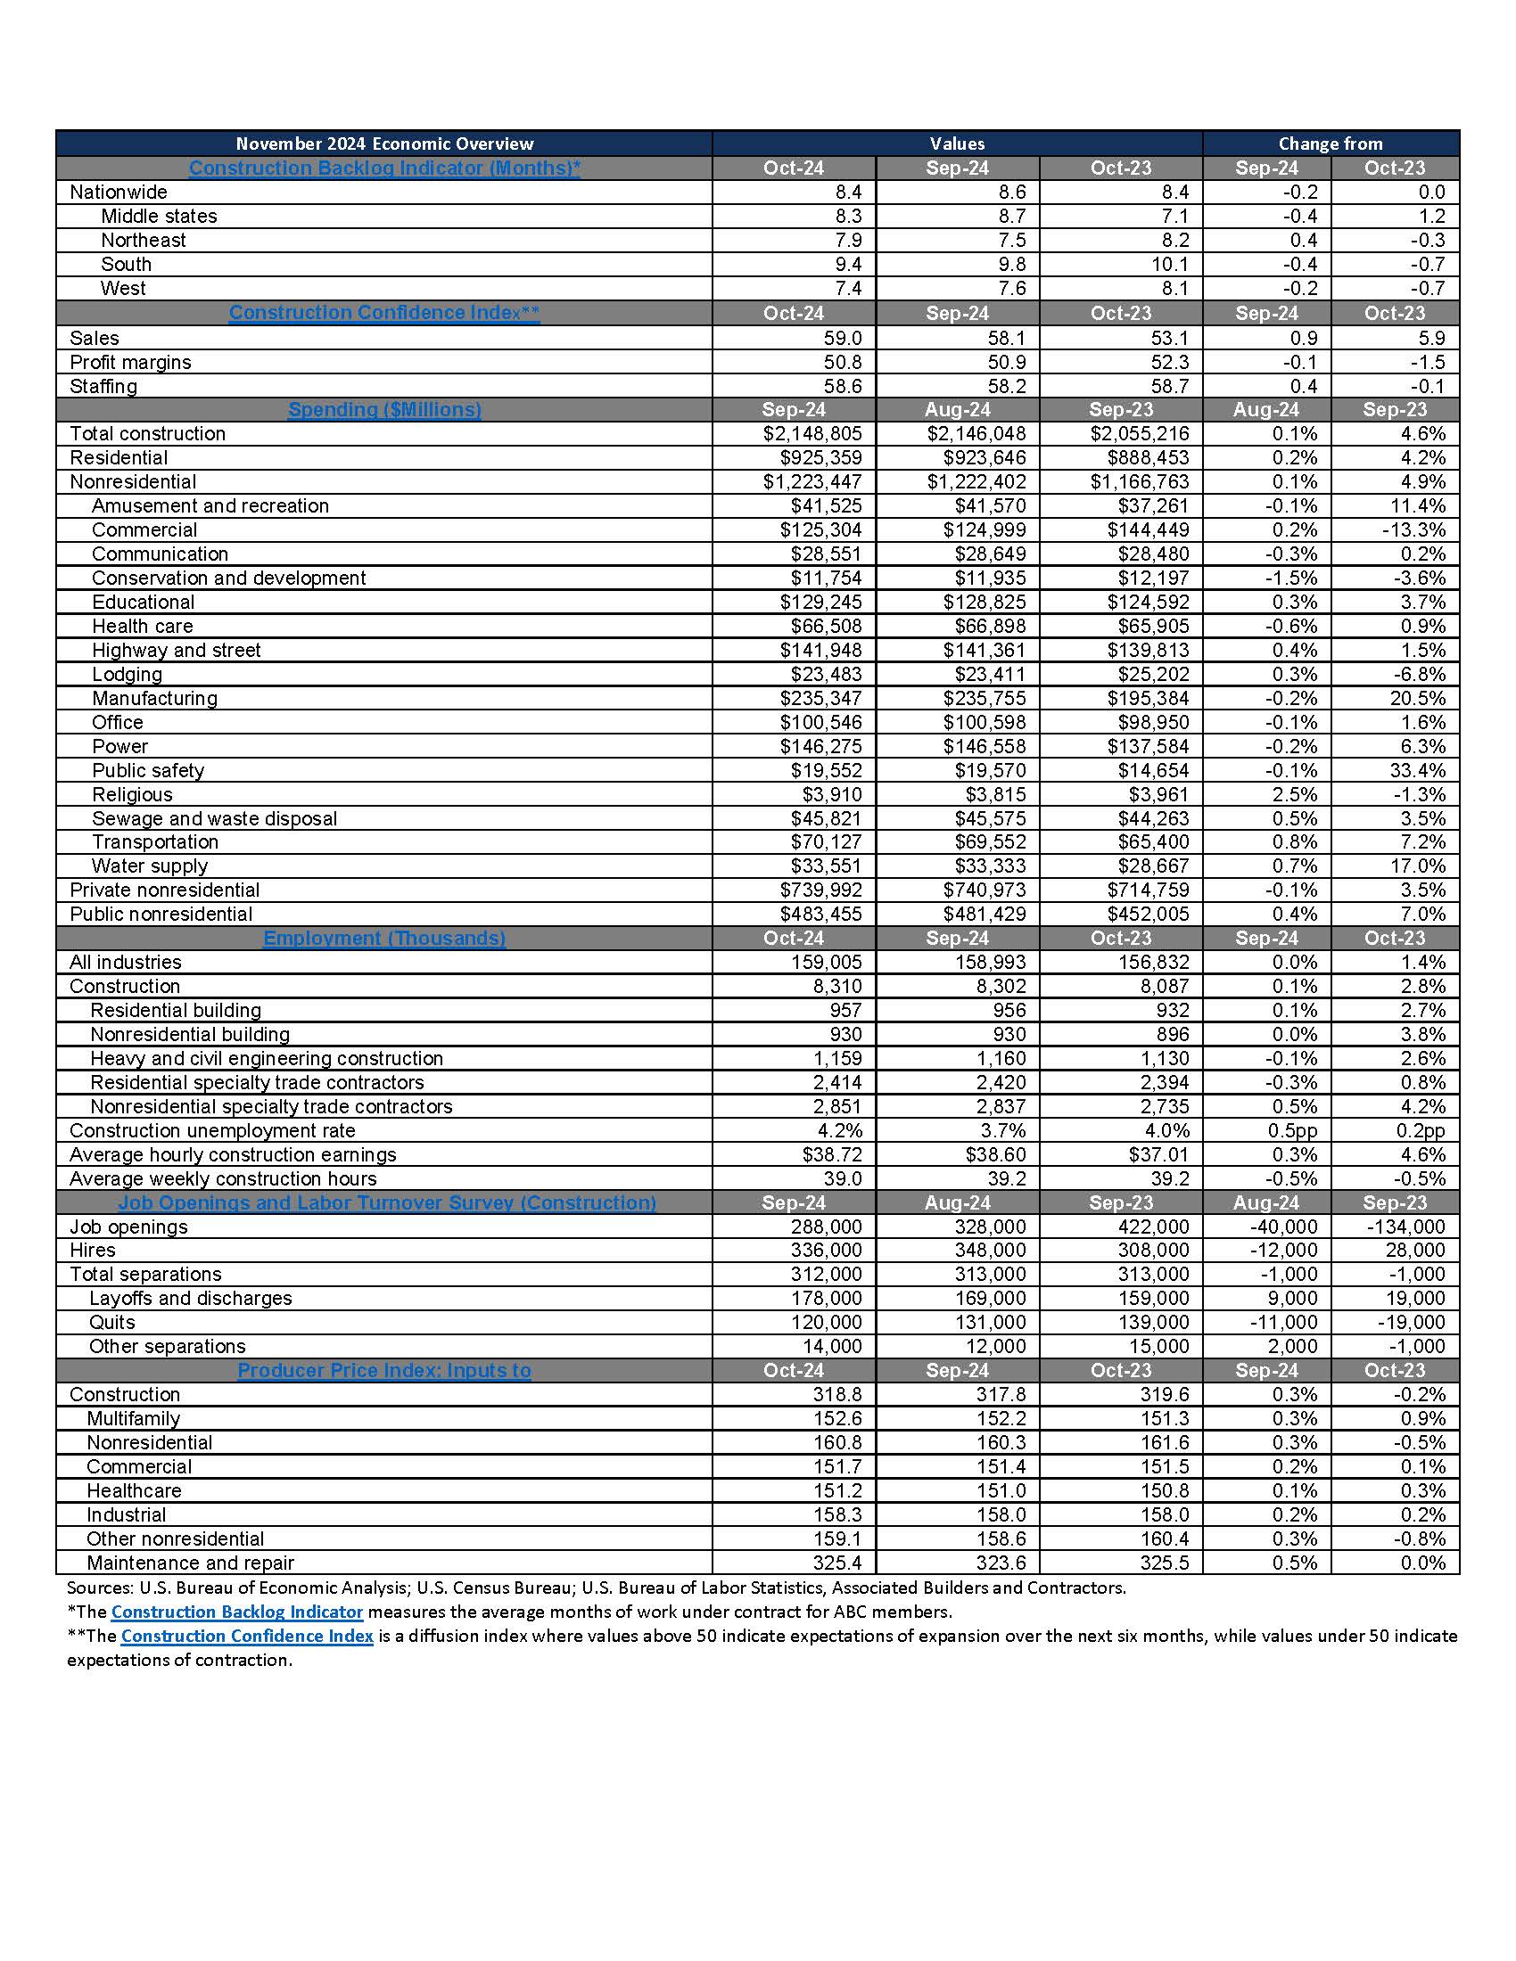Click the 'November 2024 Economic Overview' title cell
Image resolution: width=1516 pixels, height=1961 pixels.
click(x=384, y=144)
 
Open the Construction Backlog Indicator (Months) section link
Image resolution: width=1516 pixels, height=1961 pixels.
click(x=384, y=168)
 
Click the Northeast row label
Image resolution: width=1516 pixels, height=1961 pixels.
click(x=143, y=240)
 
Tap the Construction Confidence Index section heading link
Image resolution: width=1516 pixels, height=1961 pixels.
click(x=384, y=313)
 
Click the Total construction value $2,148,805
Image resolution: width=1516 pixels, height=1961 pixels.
click(x=812, y=434)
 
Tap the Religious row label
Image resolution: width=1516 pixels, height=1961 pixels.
click(x=132, y=794)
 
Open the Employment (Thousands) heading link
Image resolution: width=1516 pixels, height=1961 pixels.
click(x=384, y=938)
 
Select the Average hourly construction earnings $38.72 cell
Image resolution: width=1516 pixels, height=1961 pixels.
click(x=832, y=1154)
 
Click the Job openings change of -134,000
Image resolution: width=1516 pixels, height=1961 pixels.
click(x=1405, y=1227)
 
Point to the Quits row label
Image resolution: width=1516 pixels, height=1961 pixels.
click(x=111, y=1322)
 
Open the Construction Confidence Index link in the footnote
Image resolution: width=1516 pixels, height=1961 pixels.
click(x=247, y=1636)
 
